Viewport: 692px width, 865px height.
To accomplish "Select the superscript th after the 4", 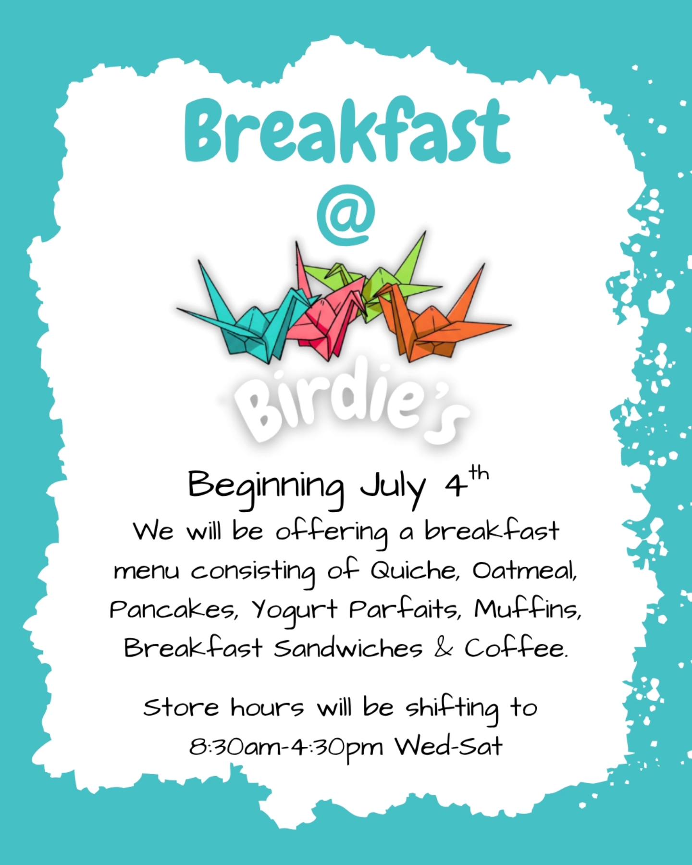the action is [x=479, y=474].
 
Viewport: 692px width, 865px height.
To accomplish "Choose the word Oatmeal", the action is [x=524, y=571].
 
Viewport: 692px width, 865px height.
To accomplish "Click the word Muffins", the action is [x=528, y=609].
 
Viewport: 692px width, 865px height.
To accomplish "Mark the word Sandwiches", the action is [x=348, y=648].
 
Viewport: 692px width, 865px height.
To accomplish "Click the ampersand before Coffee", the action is [x=443, y=649].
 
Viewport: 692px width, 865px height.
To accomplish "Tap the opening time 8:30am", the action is [x=235, y=747].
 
